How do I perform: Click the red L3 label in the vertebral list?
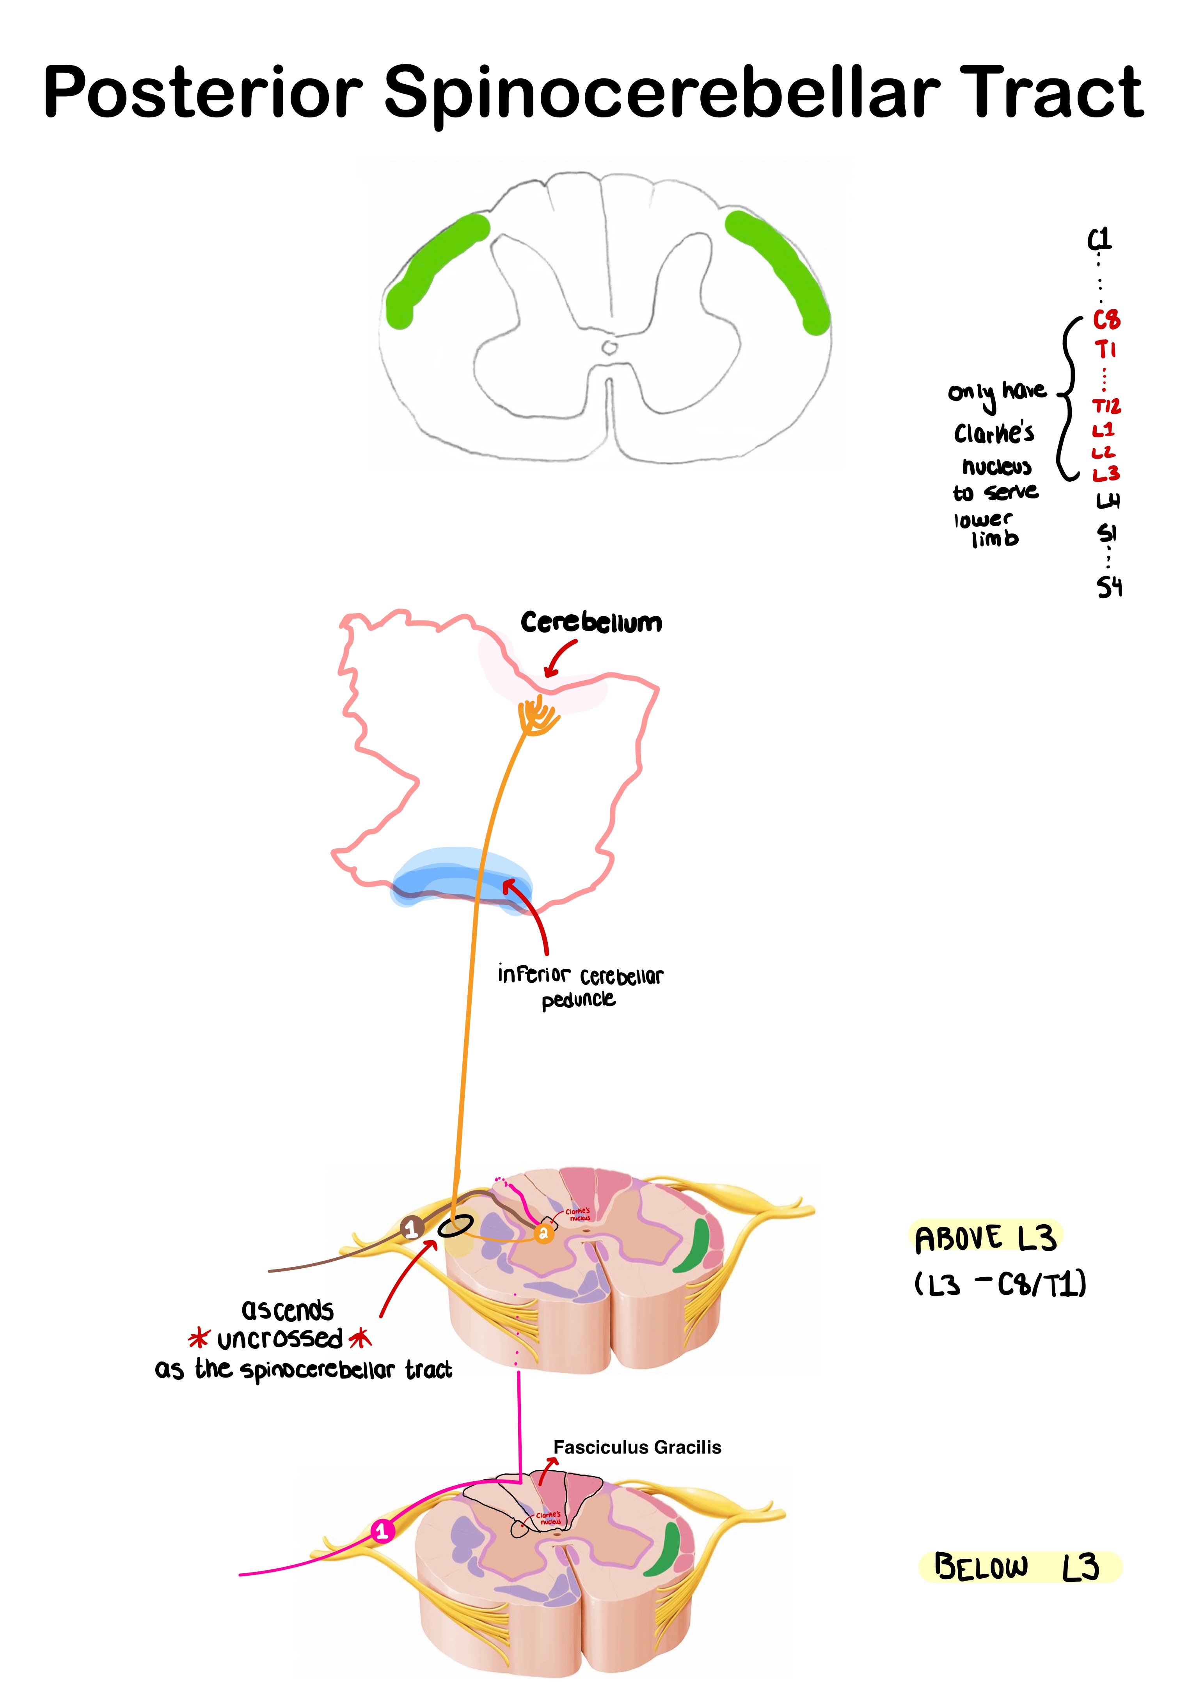pos(1105,473)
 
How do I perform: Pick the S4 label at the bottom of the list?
pos(1109,588)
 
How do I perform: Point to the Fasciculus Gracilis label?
pos(637,1447)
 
